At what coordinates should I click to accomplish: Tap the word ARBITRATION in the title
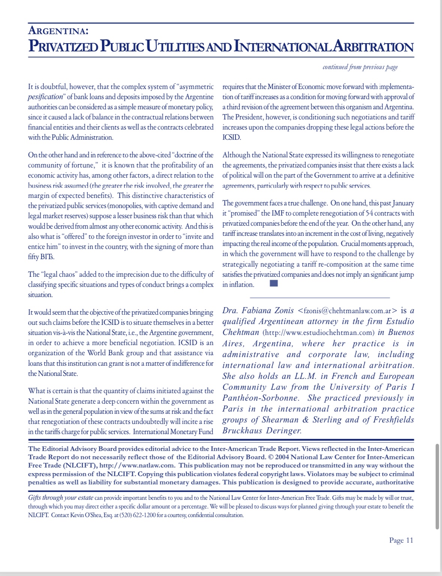pyautogui.click(x=373, y=47)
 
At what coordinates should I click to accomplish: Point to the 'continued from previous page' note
pyautogui.click(x=360, y=67)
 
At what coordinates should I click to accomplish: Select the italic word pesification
pyautogui.click(x=45, y=97)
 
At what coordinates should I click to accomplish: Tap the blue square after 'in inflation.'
pyautogui.click(x=274, y=283)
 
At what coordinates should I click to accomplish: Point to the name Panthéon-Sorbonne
pyautogui.click(x=260, y=398)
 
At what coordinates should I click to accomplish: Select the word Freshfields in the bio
pyautogui.click(x=394, y=420)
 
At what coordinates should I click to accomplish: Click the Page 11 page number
pyautogui.click(x=401, y=540)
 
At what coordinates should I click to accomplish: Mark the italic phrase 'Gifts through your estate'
pyautogui.click(x=60, y=498)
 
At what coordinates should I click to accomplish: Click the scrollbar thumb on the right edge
pyautogui.click(x=437, y=486)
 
